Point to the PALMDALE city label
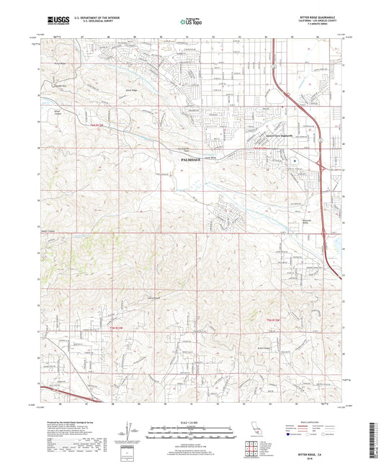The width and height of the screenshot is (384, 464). [x=183, y=161]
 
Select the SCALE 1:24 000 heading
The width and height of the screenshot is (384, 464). [x=192, y=421]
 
